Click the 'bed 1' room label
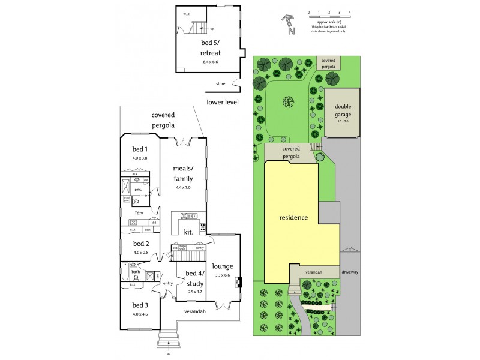140,149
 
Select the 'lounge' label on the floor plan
223,266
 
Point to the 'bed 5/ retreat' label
211,48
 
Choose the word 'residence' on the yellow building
293,217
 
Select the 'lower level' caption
223,102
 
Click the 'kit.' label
187,232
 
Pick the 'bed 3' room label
141,304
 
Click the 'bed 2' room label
141,244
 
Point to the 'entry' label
167,284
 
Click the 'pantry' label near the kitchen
200,247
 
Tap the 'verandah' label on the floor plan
194,311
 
